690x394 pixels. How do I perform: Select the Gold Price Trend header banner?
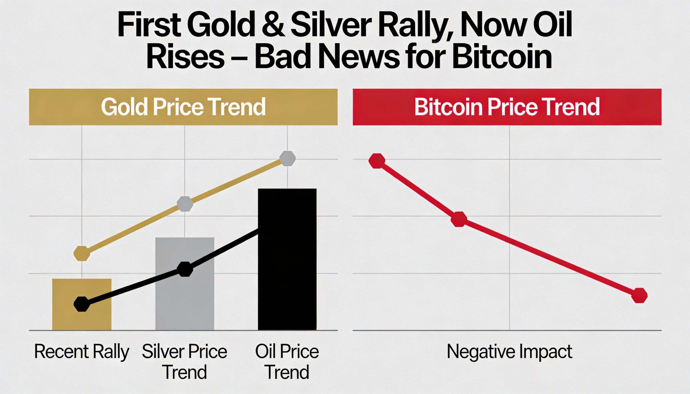coord(183,107)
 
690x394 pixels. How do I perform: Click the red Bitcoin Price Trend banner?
coord(507,107)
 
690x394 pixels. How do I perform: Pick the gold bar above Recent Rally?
coord(81,319)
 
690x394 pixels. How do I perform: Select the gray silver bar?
coord(184,298)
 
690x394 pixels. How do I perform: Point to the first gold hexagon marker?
coord(81,254)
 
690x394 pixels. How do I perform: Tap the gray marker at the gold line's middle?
coord(185,204)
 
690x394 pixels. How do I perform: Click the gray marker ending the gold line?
coord(287,159)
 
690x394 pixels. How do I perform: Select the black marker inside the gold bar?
coord(81,304)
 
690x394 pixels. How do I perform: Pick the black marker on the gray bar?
coord(185,269)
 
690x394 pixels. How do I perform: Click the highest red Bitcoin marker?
coord(377,161)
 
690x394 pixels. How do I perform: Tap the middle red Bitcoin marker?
coord(459,219)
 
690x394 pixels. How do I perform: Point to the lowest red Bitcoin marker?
coord(639,295)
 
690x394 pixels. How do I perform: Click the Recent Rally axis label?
coord(81,351)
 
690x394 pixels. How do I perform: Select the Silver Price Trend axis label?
coord(184,362)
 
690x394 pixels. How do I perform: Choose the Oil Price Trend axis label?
coord(287,362)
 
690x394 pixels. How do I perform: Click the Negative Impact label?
coord(509,351)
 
